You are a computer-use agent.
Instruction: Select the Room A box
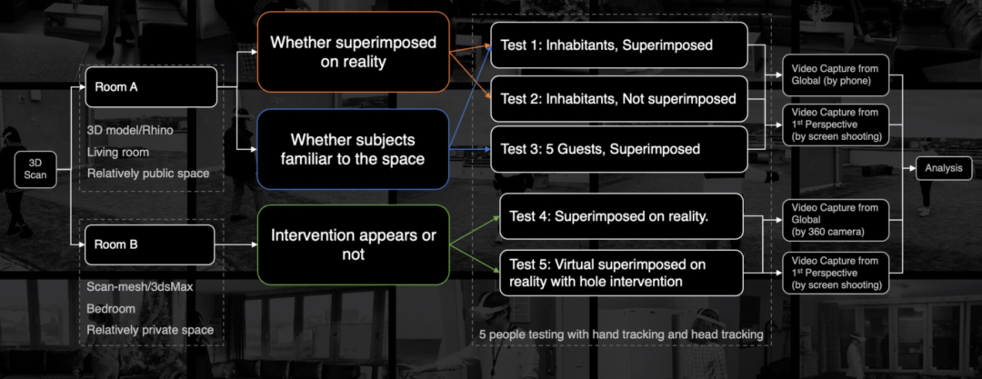(151, 90)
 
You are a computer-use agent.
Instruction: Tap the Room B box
(151, 244)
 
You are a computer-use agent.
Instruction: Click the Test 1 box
(619, 44)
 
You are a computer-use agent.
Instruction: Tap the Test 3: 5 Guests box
(619, 148)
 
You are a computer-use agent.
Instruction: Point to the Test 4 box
(621, 216)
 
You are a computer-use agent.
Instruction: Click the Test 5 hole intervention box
(621, 273)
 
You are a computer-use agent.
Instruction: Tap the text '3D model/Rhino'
(130, 130)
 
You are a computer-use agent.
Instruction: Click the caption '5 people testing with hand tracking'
(621, 334)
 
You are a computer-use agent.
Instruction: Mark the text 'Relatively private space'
(150, 330)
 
